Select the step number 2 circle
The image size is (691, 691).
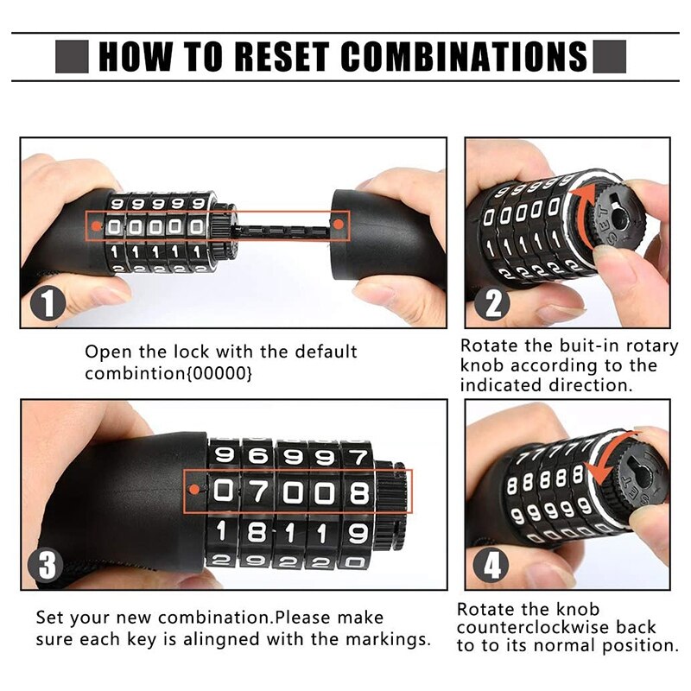[x=491, y=303]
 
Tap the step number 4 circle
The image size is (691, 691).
[x=491, y=566]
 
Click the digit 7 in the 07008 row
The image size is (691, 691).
[x=257, y=492]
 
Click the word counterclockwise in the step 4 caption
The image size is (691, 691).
[x=556, y=628]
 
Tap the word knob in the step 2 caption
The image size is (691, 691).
[x=483, y=365]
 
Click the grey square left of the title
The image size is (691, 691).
[x=72, y=58]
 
